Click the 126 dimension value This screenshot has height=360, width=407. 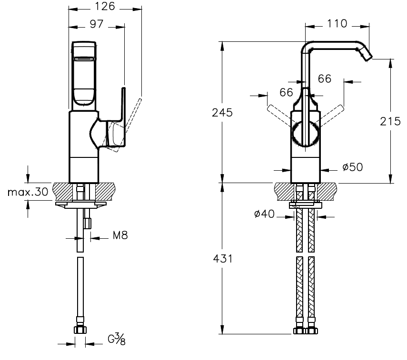coord(105,7)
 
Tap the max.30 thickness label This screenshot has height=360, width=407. coord(28,192)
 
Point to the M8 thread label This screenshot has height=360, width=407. coord(120,235)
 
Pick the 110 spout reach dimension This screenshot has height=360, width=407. coord(338,23)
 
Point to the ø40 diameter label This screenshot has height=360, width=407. coord(264,214)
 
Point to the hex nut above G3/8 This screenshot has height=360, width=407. coord(80,330)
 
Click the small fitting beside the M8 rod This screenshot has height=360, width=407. coord(87,222)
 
